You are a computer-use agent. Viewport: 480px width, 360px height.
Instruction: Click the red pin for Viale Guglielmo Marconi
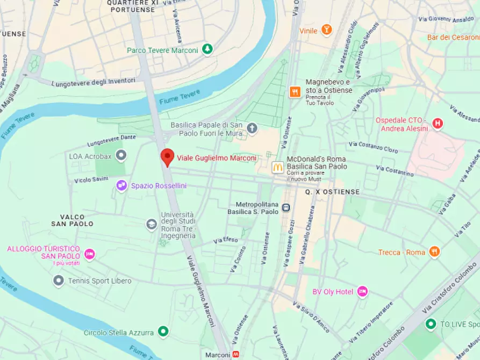point(167,157)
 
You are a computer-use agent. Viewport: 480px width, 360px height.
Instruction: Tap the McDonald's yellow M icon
point(277,167)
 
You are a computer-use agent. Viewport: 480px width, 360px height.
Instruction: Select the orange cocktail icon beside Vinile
point(326,30)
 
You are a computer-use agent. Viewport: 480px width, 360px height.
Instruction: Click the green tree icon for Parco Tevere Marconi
point(207,50)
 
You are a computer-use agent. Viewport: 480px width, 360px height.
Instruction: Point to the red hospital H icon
point(438,124)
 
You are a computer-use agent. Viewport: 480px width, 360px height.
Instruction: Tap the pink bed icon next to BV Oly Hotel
point(363,291)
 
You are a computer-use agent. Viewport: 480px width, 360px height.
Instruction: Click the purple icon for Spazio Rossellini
point(122,185)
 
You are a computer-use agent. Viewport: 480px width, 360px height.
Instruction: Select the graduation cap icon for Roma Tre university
point(152,224)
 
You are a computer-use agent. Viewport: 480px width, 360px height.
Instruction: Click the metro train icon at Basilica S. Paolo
point(287,207)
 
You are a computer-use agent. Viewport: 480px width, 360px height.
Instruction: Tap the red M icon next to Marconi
point(236,355)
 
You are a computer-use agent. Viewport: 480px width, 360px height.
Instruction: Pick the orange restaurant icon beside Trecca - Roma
point(434,252)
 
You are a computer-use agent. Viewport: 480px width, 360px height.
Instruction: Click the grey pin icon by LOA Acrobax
point(121,156)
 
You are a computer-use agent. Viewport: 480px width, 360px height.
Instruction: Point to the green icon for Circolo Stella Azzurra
point(163,332)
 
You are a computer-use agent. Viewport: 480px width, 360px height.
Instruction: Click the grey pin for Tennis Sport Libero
point(59,280)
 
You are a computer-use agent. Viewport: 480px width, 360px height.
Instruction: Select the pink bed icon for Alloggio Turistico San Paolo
point(89,254)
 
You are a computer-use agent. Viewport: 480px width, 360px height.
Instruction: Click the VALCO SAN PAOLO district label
point(73,220)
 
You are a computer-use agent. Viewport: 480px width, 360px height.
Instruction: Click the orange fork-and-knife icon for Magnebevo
point(295,92)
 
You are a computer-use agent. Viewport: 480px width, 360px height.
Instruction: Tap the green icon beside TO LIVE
point(430,324)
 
